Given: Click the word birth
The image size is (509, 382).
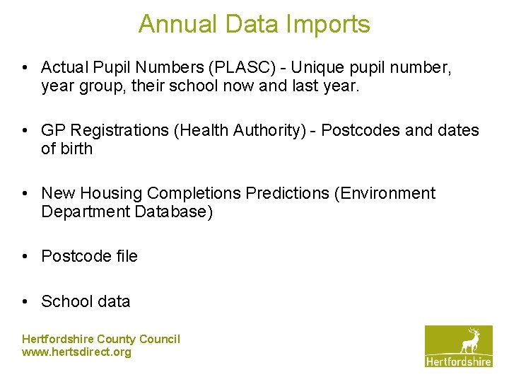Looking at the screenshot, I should click(77, 149).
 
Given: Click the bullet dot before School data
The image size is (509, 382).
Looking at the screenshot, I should click(25, 301).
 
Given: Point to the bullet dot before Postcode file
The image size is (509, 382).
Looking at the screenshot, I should click(25, 256).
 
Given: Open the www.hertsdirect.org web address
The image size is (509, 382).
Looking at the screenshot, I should click(77, 352).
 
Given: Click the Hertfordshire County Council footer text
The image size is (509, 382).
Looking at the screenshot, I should click(101, 340).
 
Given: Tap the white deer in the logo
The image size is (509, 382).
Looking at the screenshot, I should click(470, 341).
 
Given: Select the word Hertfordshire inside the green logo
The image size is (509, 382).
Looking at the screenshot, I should click(459, 361).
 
